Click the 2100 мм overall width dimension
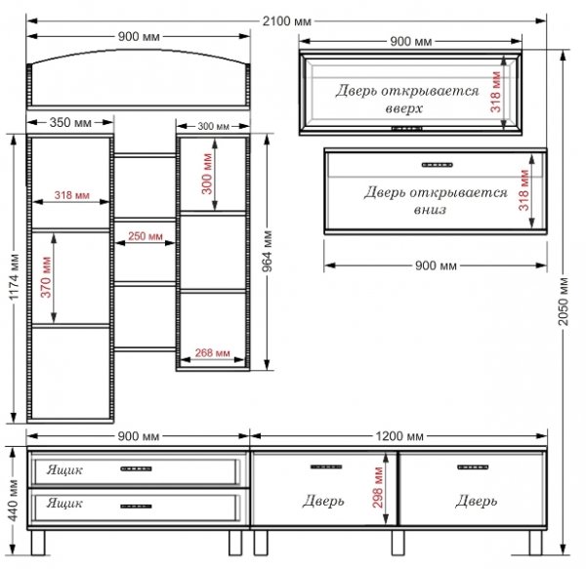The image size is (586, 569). (286, 21)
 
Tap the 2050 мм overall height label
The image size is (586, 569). (564, 302)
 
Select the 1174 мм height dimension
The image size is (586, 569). (14, 276)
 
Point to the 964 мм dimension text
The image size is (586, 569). (267, 251)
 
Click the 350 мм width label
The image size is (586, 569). (70, 122)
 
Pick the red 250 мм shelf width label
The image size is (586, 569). (146, 236)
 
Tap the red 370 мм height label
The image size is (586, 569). (46, 277)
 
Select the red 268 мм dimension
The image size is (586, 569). (212, 352)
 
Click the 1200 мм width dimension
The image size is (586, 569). (399, 436)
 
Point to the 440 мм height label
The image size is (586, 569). (13, 501)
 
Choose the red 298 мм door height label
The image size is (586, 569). (378, 488)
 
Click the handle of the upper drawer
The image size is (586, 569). (136, 468)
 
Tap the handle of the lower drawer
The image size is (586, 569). (136, 507)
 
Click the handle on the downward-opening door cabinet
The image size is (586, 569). (437, 165)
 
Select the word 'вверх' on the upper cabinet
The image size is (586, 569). (403, 108)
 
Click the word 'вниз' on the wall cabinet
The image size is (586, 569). (430, 210)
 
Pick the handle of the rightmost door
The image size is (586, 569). (473, 467)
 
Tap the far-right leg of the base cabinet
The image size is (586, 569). (535, 543)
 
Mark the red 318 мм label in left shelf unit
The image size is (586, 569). (71, 195)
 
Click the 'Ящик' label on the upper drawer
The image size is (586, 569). (64, 470)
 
